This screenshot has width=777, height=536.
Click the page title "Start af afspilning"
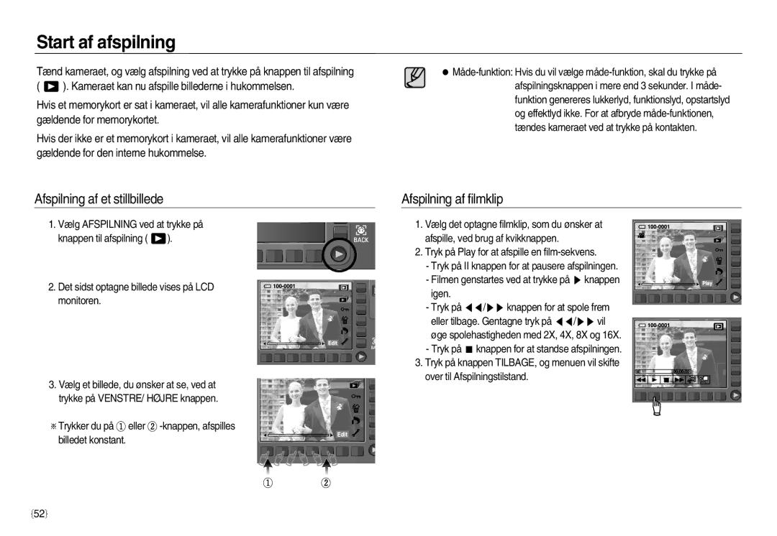click(x=106, y=42)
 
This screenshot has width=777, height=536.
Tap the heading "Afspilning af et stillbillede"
click(x=99, y=199)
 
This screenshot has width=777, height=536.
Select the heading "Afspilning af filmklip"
click(x=452, y=199)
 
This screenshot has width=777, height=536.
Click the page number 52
click(x=39, y=514)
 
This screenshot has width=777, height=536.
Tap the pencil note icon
click(x=415, y=78)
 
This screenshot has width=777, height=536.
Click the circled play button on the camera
click(x=339, y=254)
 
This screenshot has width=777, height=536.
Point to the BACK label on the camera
click(x=360, y=240)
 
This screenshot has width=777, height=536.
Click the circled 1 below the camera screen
click(x=268, y=483)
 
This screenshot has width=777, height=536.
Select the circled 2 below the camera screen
click(x=326, y=483)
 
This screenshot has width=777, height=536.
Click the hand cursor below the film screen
click(x=657, y=407)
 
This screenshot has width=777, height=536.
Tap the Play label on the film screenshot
click(x=707, y=283)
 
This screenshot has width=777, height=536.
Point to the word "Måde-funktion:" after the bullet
click(x=483, y=73)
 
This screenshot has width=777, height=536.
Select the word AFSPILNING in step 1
click(x=109, y=225)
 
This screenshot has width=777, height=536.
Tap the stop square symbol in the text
click(x=469, y=349)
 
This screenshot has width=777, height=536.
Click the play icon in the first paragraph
click(x=51, y=87)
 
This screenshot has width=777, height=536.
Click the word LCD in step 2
click(x=204, y=287)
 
